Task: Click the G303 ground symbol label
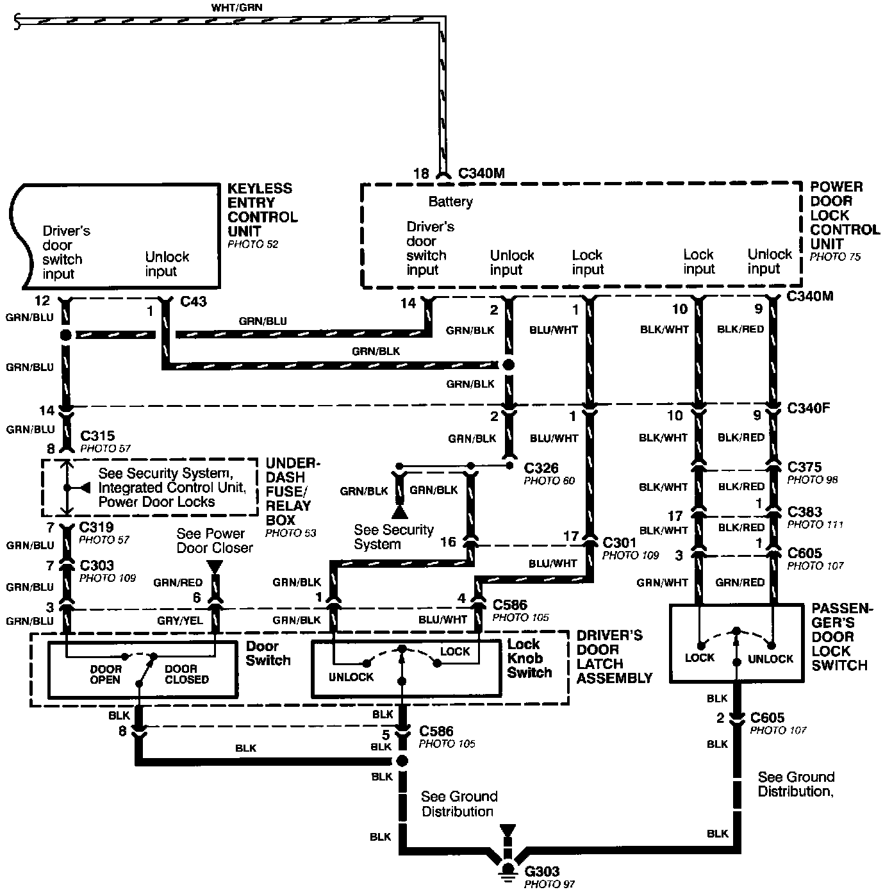coord(542,872)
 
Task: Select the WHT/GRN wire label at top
coord(236,8)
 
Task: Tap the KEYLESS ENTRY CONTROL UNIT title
coord(262,210)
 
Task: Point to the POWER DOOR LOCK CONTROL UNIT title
coord(845,215)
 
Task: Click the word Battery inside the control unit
coord(450,202)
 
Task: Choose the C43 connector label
coord(194,301)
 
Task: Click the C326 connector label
coord(541,468)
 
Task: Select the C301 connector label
coord(620,543)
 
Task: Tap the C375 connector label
coord(804,467)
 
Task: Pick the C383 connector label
coord(804,512)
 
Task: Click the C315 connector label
coord(97,436)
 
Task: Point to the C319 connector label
coord(96,527)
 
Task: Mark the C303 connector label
coord(96,566)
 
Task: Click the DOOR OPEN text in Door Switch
coord(105,674)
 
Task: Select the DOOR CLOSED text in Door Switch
coord(186,674)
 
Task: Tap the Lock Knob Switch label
coord(529,658)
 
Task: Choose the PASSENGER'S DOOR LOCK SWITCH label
coord(842,636)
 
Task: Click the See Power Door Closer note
coord(214,541)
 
